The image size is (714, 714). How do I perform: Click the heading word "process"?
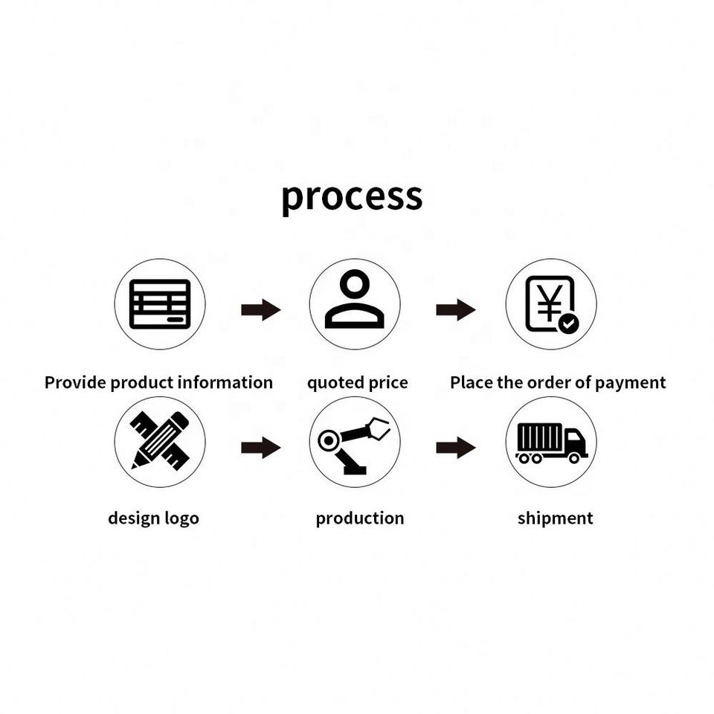[x=352, y=196]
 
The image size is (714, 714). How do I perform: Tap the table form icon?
[x=160, y=304]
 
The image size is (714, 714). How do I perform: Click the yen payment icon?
[x=550, y=304]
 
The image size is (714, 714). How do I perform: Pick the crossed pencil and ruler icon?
[x=160, y=441]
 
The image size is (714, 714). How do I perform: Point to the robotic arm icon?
[x=354, y=444]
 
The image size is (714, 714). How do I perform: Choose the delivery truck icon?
[x=551, y=442]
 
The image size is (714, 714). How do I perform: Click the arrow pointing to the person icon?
[x=260, y=310]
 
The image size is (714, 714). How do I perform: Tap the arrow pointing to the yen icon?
[x=455, y=310]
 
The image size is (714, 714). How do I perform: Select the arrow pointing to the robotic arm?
[x=260, y=448]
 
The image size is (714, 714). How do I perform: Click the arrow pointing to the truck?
[x=455, y=448]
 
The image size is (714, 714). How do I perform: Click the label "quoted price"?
[x=358, y=383]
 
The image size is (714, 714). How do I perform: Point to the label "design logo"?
[x=153, y=518]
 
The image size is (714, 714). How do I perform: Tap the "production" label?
[x=360, y=518]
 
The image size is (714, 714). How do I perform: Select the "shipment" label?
[x=555, y=518]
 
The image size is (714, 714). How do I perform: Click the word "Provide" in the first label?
[x=75, y=383]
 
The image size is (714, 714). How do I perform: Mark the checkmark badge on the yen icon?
[x=569, y=324]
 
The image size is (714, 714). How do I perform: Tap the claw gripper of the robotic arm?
[x=379, y=429]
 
